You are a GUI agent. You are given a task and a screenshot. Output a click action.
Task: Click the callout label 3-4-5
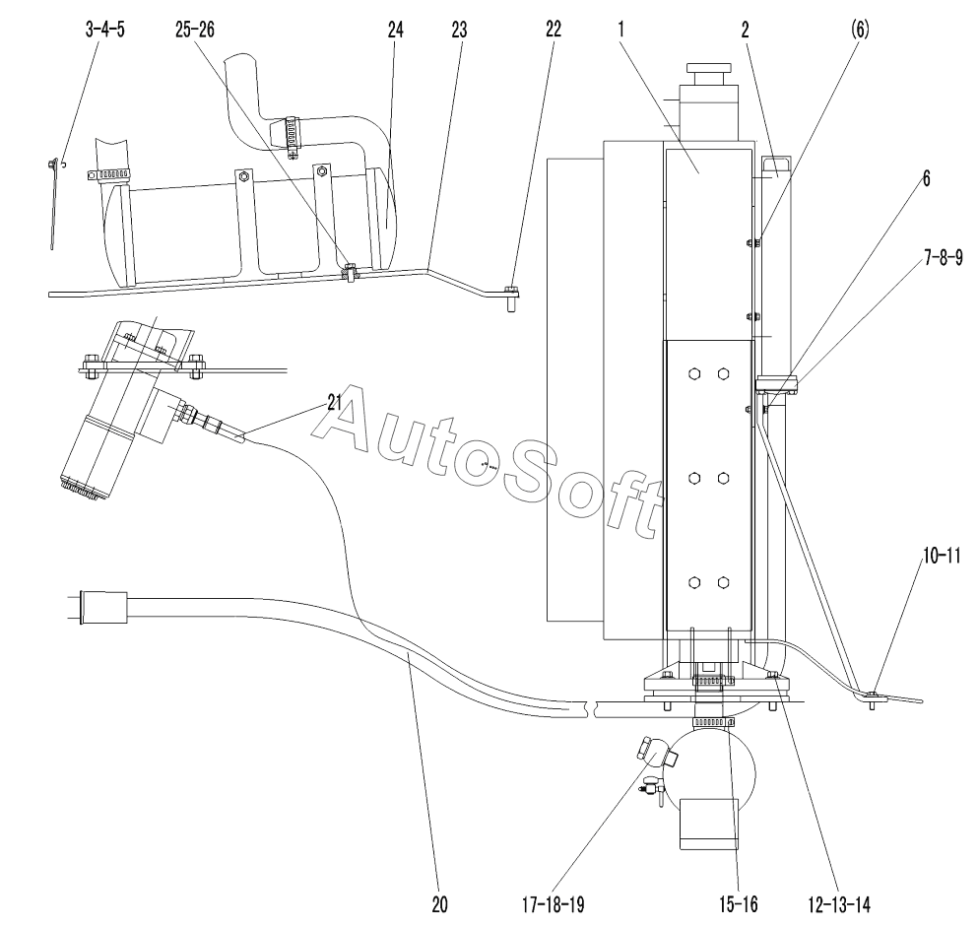point(104,30)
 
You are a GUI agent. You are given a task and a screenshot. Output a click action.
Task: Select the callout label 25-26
point(195,30)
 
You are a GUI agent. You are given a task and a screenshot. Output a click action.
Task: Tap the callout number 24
point(396,30)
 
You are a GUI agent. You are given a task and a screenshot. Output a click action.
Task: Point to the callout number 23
point(459,30)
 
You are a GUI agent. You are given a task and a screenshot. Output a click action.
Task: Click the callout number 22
point(554,30)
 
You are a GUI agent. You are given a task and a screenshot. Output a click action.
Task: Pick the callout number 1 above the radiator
point(621,30)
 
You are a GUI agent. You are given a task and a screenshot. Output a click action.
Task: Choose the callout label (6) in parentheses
point(860,30)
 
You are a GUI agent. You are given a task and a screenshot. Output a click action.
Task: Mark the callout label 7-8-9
point(944,257)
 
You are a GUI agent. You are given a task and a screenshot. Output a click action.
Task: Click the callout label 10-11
point(942,556)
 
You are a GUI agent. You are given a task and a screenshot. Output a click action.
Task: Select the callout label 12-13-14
point(839,904)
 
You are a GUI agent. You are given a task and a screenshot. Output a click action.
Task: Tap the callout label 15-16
point(739,904)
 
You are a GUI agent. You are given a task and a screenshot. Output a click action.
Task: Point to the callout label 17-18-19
point(554,904)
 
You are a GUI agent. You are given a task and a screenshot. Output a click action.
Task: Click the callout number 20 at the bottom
point(439,904)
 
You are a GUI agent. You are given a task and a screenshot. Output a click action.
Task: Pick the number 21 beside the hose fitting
point(335,403)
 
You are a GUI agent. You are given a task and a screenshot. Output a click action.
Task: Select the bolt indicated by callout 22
point(511,298)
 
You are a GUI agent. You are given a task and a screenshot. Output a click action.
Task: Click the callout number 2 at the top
point(745,30)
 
